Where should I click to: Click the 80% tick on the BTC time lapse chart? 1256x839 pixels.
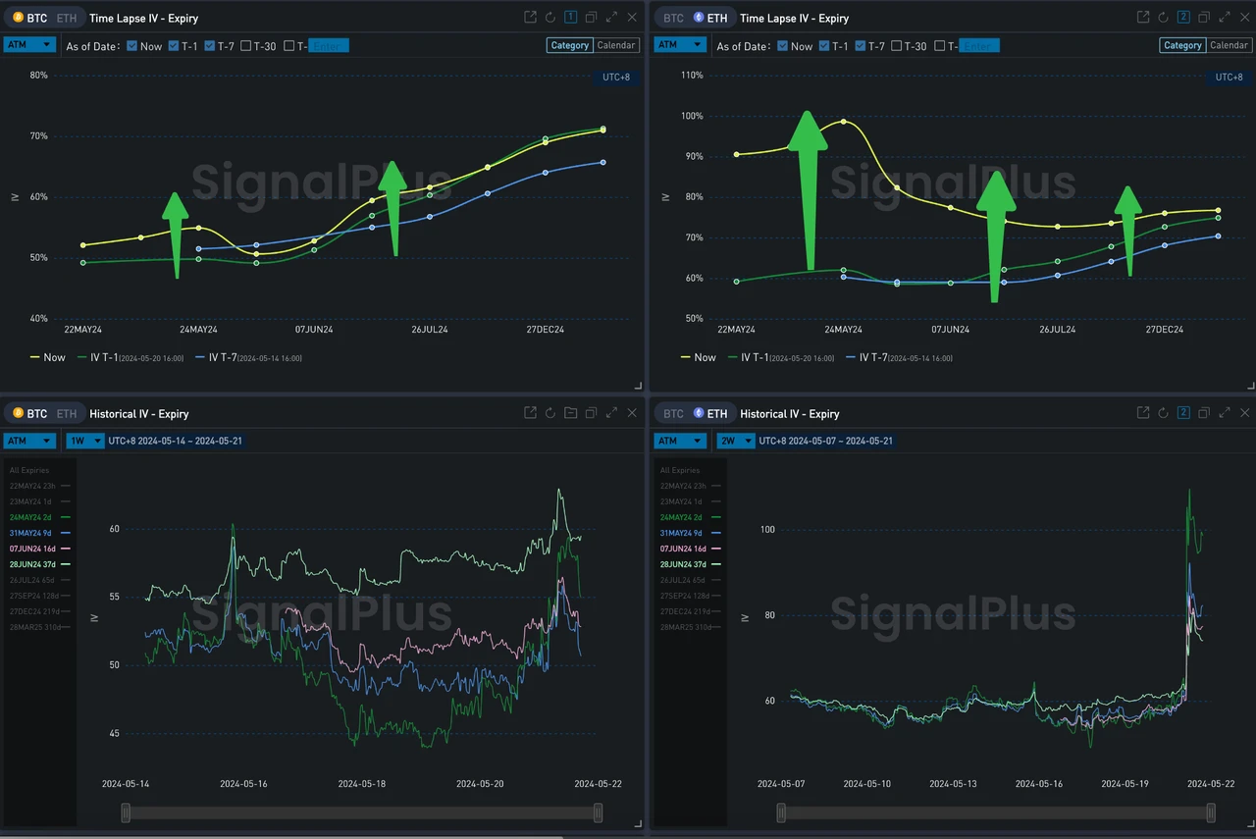coord(39,76)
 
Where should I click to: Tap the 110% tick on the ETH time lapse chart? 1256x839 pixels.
coord(691,76)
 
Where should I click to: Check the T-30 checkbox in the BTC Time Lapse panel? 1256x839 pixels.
coord(246,46)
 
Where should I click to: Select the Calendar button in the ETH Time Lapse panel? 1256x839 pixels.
coord(1229,45)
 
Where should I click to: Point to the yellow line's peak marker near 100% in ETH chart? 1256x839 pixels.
coord(843,122)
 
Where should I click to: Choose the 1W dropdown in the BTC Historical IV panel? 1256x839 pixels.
coord(85,441)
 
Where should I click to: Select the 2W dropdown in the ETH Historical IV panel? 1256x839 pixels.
coord(736,441)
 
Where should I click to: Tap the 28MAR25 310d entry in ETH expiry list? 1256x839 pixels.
coord(687,627)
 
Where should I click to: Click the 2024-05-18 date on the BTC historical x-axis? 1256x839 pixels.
coord(361,784)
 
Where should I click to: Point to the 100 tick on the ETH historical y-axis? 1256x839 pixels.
coord(767,530)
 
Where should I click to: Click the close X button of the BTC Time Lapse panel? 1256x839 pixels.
coord(632,17)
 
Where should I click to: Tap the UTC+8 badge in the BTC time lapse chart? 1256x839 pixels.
coord(615,78)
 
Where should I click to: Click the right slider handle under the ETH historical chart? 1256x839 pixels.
coord(1211,813)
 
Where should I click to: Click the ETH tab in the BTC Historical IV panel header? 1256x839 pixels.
coord(66,414)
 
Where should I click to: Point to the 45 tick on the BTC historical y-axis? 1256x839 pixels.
coord(115,733)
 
